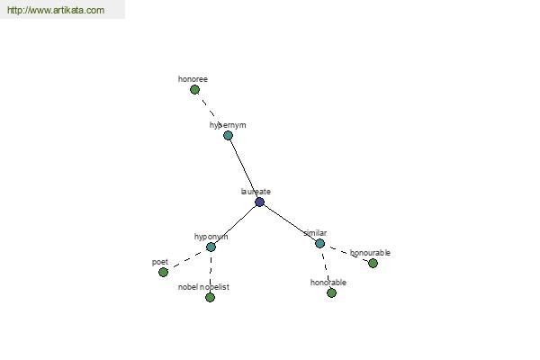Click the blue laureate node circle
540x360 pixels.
260,202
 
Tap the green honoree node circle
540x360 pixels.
194,90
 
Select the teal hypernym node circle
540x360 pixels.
228,135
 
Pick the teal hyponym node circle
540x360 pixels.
211,247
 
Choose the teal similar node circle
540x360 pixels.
319,244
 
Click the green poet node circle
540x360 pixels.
163,272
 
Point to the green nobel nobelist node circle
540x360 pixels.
210,297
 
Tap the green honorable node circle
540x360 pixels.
331,292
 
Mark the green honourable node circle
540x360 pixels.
373,263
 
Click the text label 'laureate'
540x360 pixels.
256,192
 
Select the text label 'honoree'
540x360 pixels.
193,79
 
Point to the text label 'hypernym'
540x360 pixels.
228,125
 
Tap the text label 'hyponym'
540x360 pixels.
211,237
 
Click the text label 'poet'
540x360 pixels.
160,262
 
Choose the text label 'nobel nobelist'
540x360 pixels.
203,287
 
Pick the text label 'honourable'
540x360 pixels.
370,253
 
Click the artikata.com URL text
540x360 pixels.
56,10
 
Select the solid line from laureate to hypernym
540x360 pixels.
244,169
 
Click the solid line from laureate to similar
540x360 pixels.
290,223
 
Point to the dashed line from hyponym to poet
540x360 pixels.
187,260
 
